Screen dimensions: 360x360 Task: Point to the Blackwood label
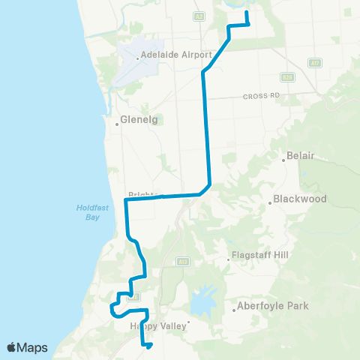coord(300,199)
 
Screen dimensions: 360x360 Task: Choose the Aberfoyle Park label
coord(272,306)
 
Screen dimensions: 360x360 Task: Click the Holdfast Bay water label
coord(91,213)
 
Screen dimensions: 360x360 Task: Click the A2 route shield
coord(198,16)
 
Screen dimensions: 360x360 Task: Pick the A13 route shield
coord(182,262)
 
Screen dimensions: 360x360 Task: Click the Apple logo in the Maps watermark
coord(13,347)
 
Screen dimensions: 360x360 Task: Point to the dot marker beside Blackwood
coord(270,202)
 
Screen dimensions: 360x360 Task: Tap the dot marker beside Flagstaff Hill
coord(229,261)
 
